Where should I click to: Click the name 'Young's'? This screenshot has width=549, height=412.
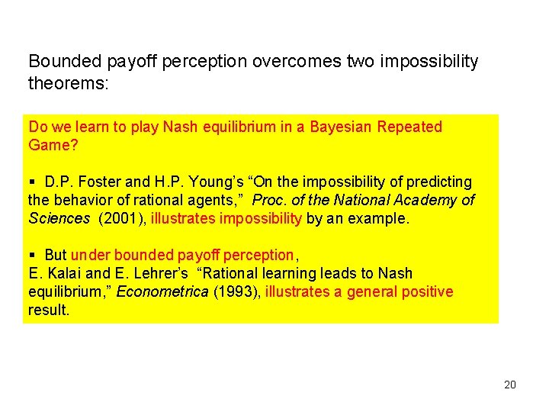pos(208,182)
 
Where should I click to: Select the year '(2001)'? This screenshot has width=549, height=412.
pos(123,219)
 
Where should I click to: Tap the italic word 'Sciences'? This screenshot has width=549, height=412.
pos(59,219)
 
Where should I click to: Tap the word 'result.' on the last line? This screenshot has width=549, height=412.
pos(49,310)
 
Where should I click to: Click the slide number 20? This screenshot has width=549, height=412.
pos(510,385)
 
